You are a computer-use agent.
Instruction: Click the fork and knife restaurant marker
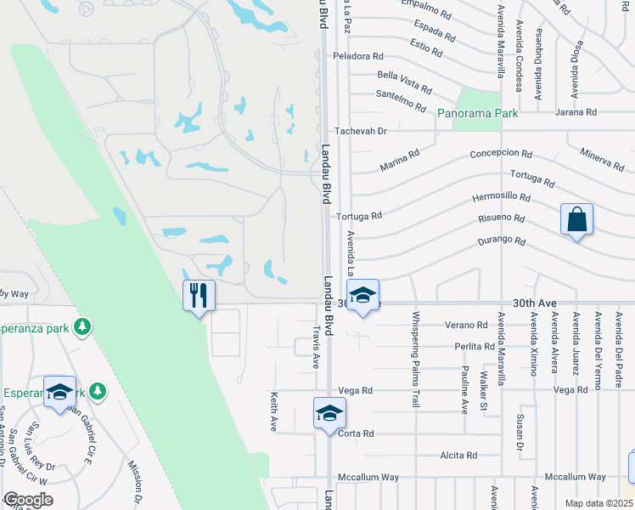[199, 296]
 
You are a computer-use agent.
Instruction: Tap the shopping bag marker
[576, 219]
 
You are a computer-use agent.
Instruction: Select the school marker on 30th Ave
[362, 295]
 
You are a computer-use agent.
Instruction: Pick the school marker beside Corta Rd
[329, 414]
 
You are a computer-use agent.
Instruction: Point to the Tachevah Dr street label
[361, 131]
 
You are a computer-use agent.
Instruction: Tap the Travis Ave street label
[317, 347]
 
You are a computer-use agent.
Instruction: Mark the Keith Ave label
[274, 411]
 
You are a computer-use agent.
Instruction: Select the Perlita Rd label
[475, 347]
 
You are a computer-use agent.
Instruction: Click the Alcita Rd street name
[459, 456]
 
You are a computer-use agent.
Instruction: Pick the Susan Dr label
[520, 433]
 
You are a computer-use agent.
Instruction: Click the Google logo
[28, 500]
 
